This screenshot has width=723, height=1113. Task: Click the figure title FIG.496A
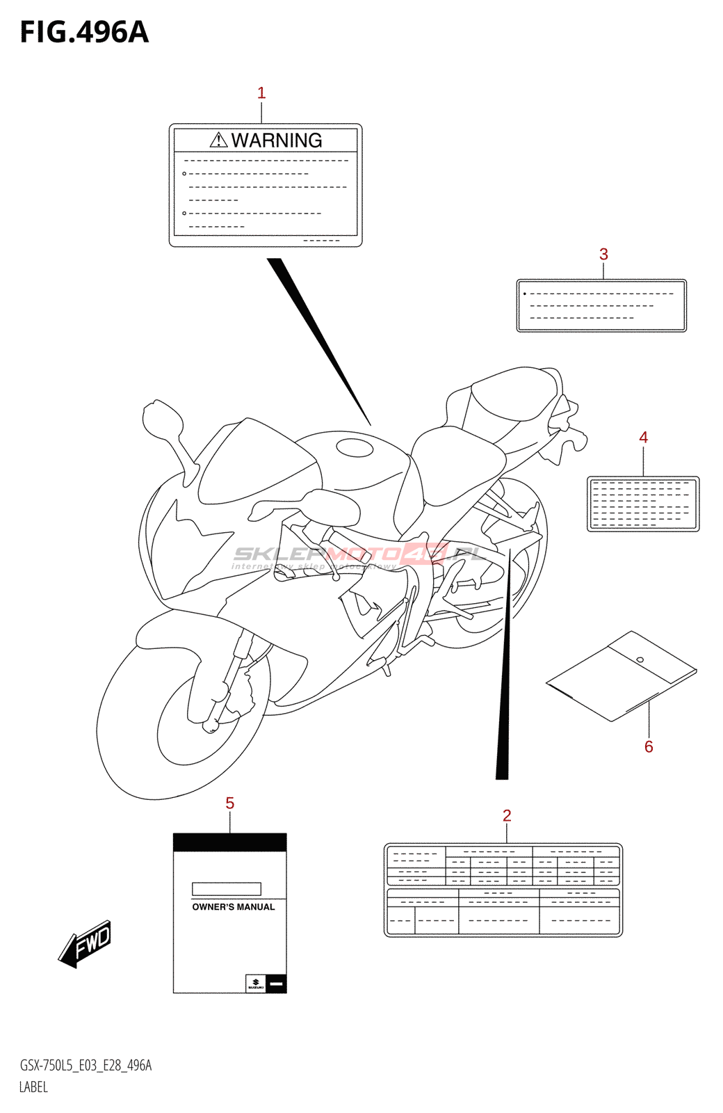point(84,33)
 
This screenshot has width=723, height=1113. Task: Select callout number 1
point(261,93)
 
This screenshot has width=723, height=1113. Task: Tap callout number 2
point(507,815)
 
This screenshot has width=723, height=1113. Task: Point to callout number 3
point(603,255)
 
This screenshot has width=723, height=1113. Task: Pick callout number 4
point(643,438)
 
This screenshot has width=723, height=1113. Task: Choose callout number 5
point(229,803)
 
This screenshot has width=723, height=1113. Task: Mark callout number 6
point(649,747)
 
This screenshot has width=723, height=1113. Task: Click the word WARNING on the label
point(277,141)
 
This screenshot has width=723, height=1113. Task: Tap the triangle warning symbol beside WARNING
point(218,141)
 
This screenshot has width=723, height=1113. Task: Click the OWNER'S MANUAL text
point(234,907)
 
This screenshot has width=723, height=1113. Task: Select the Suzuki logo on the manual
point(256,983)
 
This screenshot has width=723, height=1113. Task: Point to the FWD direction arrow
point(86,944)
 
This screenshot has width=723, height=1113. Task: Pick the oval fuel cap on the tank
point(355,448)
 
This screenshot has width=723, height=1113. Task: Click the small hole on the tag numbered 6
point(640,659)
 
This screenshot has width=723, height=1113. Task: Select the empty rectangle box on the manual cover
point(227,889)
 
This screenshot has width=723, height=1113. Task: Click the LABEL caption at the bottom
point(33,1087)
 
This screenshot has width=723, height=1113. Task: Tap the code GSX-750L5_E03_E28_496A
point(86,1066)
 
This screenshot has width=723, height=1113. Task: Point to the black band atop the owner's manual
point(229,842)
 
